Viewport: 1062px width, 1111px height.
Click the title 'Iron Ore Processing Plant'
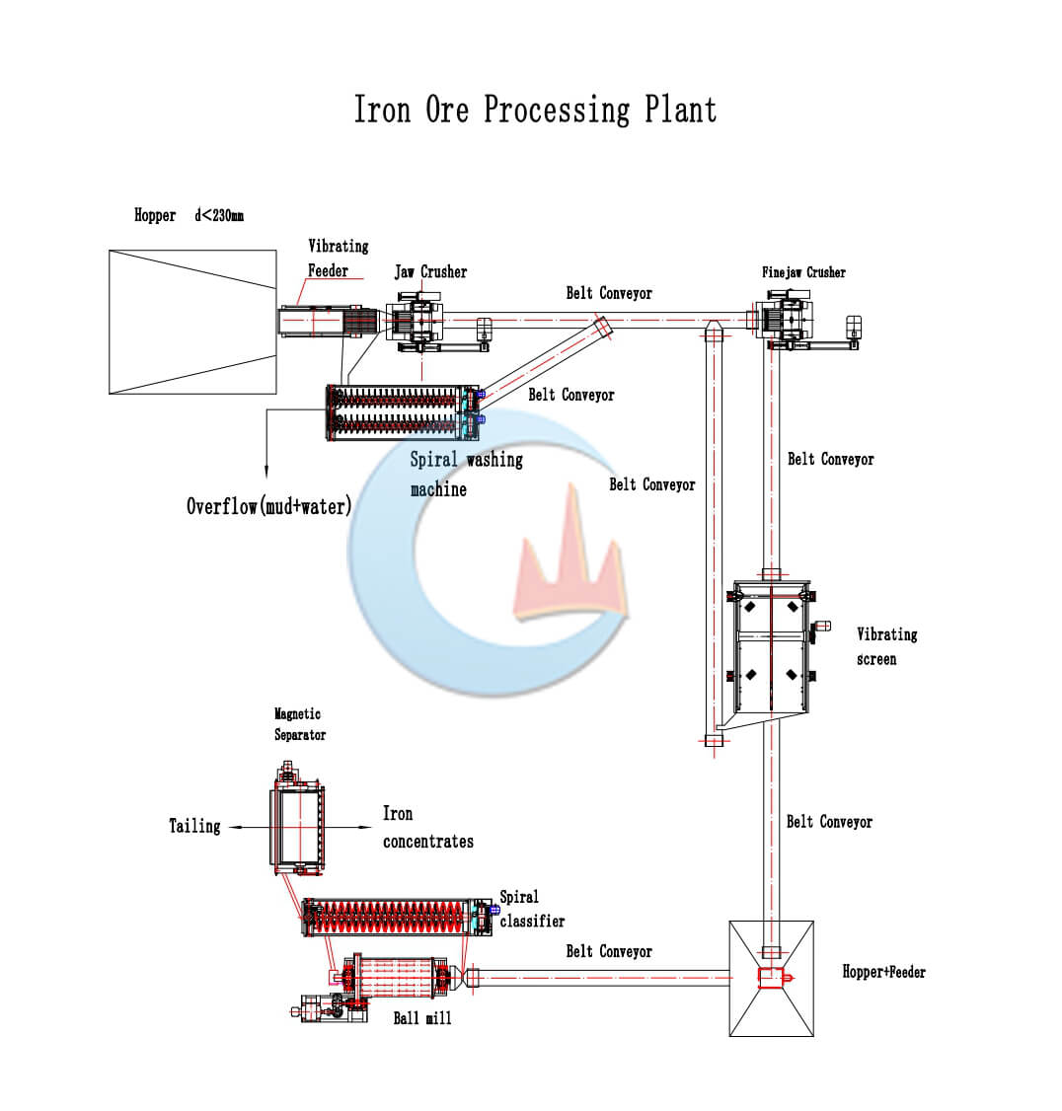click(535, 110)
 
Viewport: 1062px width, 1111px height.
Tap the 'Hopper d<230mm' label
click(189, 215)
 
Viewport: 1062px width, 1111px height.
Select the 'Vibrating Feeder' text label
click(338, 258)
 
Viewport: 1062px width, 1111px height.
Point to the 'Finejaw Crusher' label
click(803, 272)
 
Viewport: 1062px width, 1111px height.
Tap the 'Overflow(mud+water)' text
click(268, 506)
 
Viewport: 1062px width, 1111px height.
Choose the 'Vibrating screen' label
click(886, 646)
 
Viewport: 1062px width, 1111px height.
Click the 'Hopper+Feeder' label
click(883, 972)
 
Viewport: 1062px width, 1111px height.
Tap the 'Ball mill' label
click(421, 1018)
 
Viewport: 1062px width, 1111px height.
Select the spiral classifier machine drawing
click(397, 918)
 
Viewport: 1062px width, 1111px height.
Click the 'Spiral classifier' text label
click(531, 909)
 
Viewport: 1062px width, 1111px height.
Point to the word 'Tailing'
click(194, 825)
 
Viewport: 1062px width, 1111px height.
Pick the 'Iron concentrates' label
click(427, 827)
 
